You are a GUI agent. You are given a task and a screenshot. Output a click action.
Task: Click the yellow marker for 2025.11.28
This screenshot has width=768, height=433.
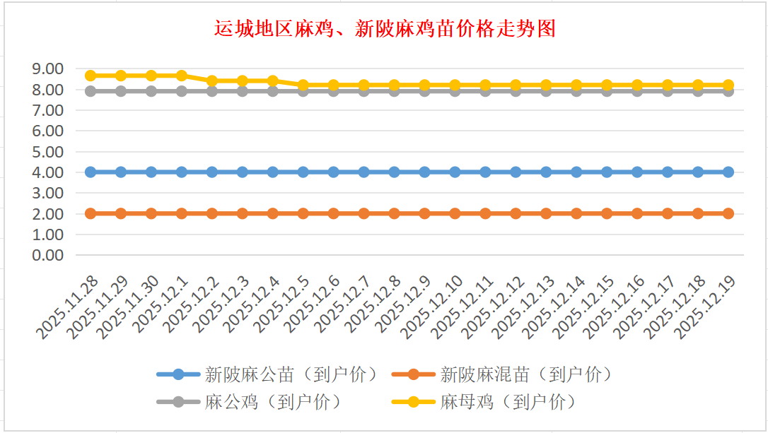91,76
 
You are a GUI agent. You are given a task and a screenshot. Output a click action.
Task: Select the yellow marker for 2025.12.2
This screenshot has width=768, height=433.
212,81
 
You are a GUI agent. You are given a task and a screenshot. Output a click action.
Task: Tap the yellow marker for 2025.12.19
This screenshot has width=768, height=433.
728,85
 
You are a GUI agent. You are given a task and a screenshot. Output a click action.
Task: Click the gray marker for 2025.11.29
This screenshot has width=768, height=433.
121,91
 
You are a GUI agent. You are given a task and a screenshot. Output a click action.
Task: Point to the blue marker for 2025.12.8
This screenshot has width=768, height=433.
394,172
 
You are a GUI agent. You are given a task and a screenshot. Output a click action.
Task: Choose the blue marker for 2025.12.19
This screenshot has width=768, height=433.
728,172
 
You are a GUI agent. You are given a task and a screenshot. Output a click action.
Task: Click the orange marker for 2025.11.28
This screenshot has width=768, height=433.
91,213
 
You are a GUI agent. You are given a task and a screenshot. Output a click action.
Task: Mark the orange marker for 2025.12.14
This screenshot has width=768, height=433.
576,213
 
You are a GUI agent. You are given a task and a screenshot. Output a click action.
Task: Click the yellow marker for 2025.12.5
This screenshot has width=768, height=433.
303,85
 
